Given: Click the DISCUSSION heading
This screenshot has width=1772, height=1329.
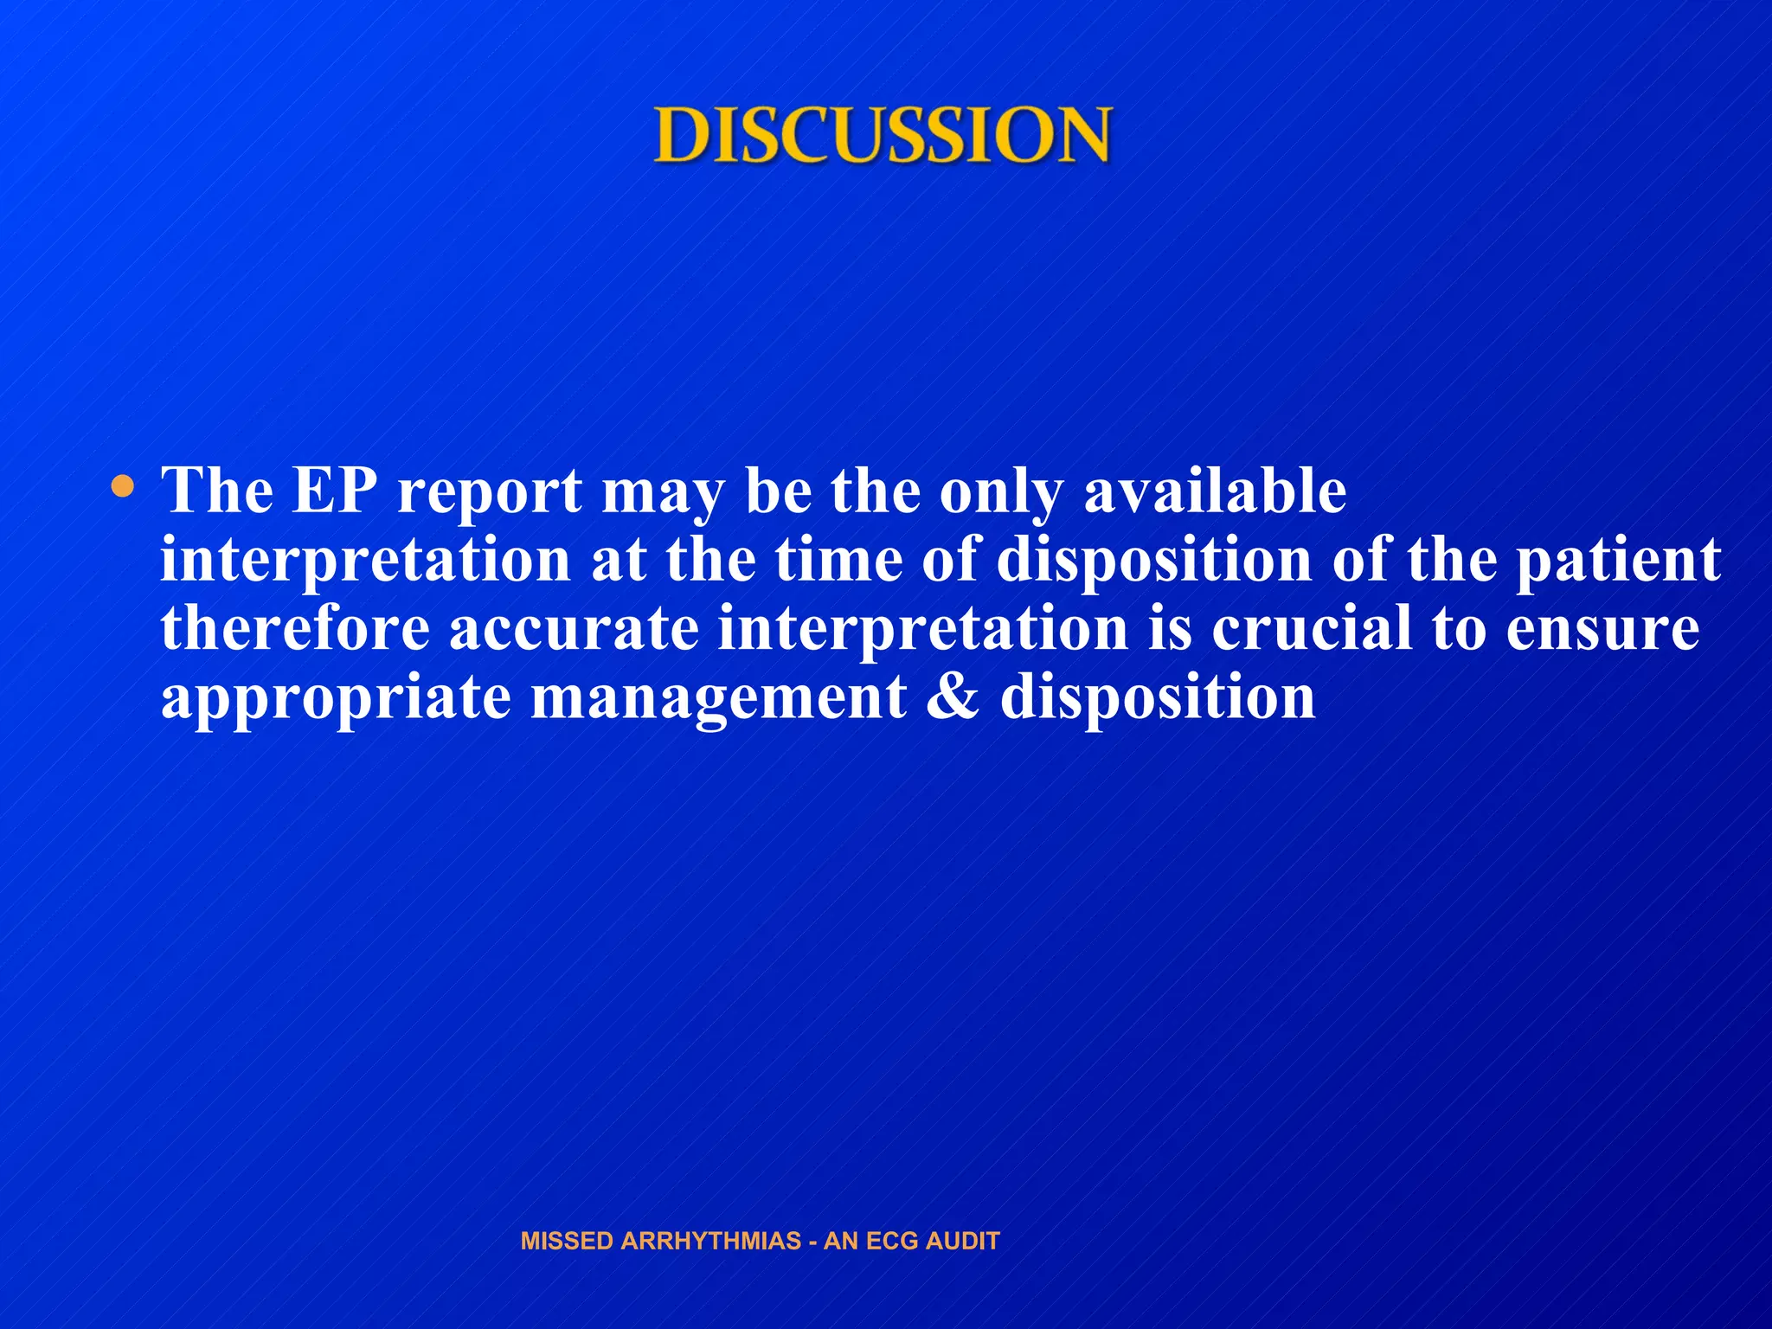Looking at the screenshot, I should [882, 136].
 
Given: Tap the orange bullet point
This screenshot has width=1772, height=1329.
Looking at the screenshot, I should [124, 487].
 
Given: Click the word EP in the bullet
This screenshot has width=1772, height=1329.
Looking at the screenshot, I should [335, 491].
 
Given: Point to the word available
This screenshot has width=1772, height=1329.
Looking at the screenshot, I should [1215, 491].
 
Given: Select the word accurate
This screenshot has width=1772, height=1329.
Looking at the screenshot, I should [574, 630].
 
